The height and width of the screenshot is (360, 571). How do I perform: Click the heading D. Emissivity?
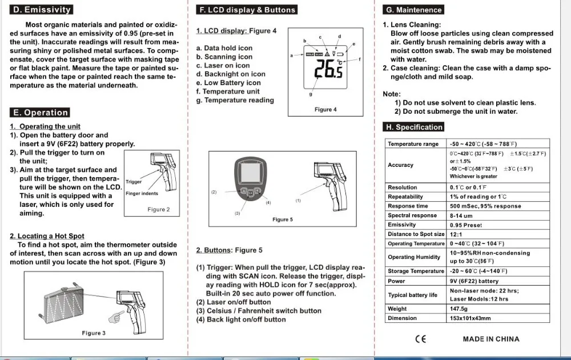click(x=42, y=10)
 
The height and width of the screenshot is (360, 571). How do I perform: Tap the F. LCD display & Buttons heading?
click(x=247, y=10)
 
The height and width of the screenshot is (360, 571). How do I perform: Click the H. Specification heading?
click(x=415, y=127)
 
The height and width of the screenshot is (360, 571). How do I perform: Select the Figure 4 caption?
click(x=325, y=109)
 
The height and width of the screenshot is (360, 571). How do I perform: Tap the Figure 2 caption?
click(x=159, y=210)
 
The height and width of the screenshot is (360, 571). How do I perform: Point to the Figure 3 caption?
click(x=94, y=333)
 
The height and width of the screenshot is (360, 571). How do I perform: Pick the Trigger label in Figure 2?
click(x=134, y=182)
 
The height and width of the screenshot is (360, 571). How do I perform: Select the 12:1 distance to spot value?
click(x=457, y=234)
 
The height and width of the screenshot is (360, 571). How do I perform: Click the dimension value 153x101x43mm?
click(x=470, y=318)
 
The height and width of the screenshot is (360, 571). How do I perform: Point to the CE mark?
click(x=420, y=339)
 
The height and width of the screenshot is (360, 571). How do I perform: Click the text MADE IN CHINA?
click(x=491, y=339)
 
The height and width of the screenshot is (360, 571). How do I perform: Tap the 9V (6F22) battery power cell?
click(x=474, y=281)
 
